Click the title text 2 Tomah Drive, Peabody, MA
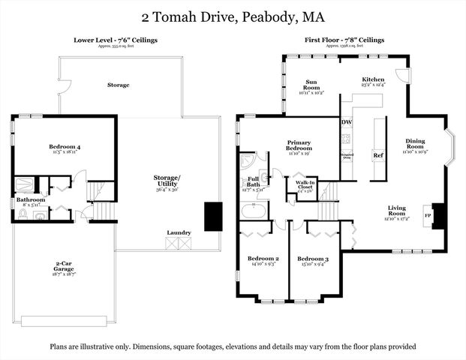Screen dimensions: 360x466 [x=233, y=16]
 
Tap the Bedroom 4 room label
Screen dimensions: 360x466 [x=65, y=147]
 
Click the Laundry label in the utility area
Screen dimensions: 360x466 [x=179, y=232]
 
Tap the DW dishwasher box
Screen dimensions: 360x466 [x=347, y=121]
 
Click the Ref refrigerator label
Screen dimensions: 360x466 [x=378, y=155]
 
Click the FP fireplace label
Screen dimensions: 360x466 [x=427, y=214]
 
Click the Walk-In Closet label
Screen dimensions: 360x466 [x=304, y=184]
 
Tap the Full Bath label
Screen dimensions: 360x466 [x=253, y=181]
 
